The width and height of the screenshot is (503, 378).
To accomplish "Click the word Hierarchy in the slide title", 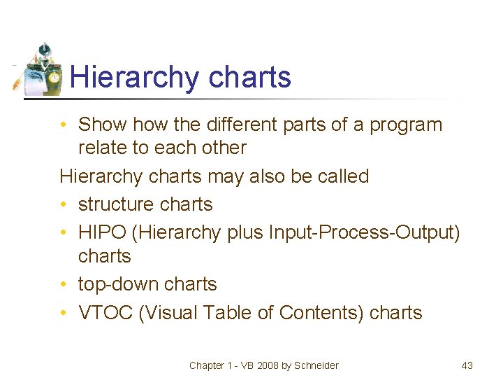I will point(119,77).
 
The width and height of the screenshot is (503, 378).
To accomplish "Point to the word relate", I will point(102,148).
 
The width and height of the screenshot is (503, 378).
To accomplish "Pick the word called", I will point(343,176).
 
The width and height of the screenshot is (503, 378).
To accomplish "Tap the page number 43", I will point(467,365).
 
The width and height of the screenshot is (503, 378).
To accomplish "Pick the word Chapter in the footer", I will point(207,365).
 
